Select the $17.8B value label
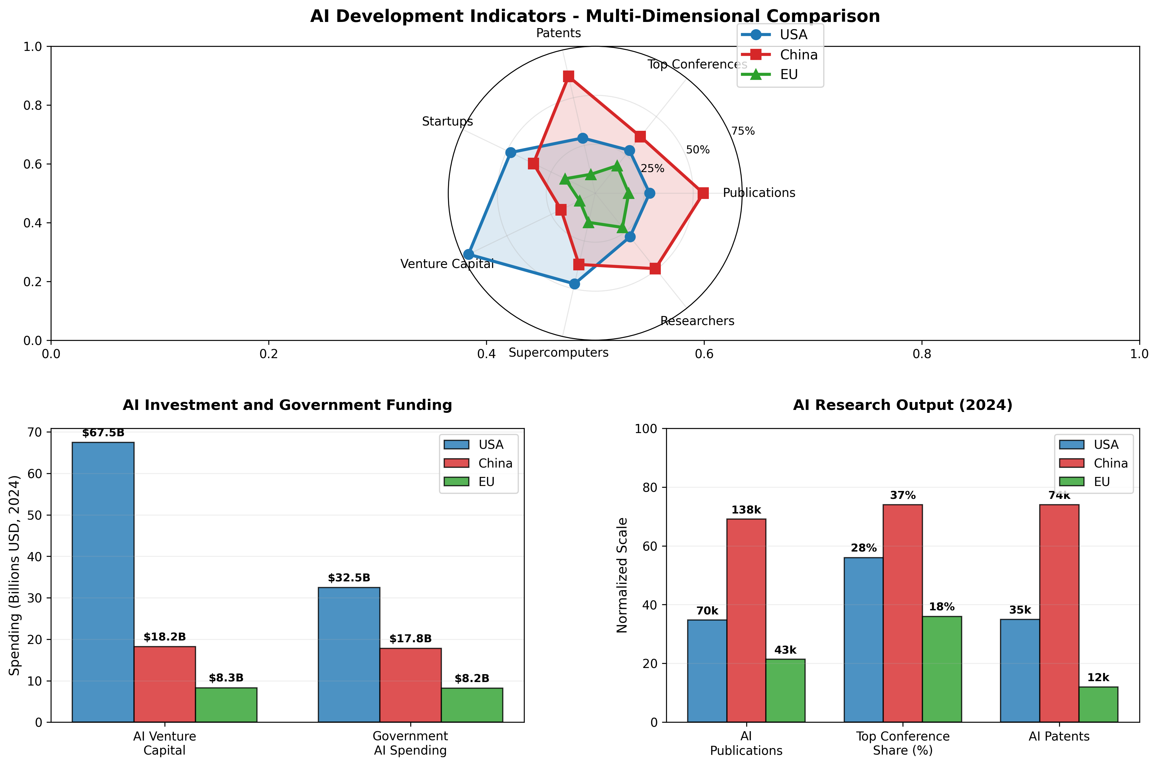pos(410,638)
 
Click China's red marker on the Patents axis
pos(568,77)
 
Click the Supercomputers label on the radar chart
pos(558,353)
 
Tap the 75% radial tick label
pos(743,131)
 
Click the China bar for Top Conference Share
pos(903,613)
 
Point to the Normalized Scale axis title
pos(622,575)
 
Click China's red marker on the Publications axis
pos(703,193)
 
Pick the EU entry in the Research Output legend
pos(1101,482)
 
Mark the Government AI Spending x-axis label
pos(410,743)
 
